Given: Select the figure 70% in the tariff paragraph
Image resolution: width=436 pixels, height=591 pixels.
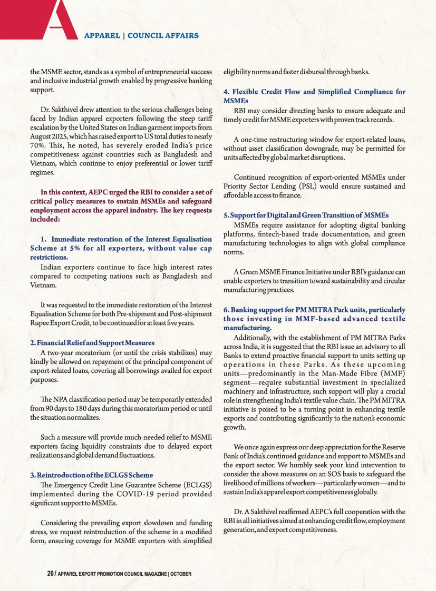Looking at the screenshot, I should point(38,144).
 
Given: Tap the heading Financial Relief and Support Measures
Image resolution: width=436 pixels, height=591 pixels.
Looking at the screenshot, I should point(92,343).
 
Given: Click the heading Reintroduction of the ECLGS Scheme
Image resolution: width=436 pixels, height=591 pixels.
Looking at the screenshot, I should point(91,475).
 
